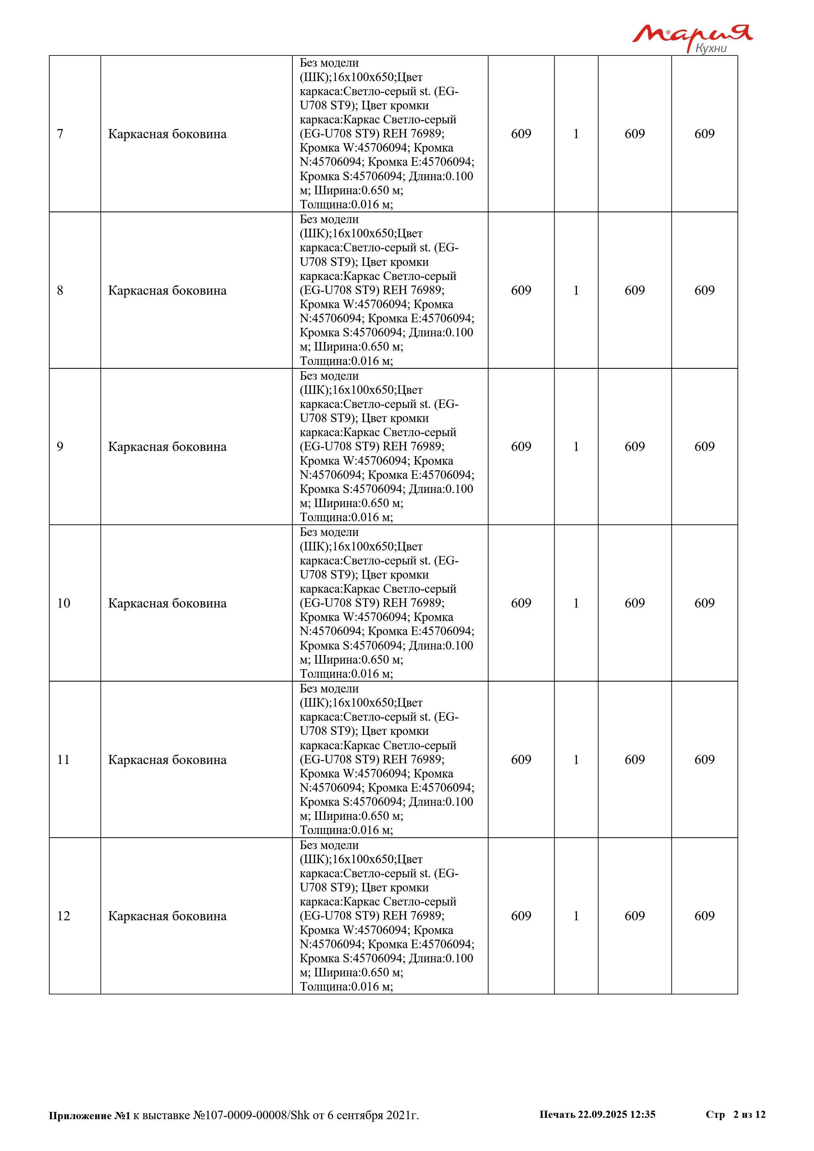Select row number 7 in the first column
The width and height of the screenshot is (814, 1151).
(x=60, y=134)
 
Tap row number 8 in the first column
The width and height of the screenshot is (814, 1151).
(x=60, y=290)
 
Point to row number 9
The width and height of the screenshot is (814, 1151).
(x=60, y=447)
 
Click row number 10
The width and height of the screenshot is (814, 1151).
(x=64, y=603)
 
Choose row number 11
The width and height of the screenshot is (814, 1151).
(x=64, y=759)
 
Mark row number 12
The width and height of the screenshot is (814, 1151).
(x=64, y=916)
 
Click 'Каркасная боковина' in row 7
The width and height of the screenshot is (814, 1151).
(x=167, y=134)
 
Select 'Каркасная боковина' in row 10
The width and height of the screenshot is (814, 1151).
(x=167, y=603)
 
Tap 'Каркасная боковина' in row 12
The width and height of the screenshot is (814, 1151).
(x=167, y=916)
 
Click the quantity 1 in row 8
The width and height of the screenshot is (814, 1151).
(x=576, y=290)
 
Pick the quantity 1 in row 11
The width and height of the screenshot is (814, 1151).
(x=576, y=759)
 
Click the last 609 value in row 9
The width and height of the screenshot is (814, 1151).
(x=704, y=447)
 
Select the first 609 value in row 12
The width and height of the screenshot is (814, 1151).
(x=521, y=916)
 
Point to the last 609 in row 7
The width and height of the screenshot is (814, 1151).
(x=704, y=134)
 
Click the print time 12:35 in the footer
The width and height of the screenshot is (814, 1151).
(x=643, y=1114)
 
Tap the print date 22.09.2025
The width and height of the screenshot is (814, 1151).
(x=602, y=1114)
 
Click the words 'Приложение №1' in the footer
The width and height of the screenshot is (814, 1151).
(x=89, y=1116)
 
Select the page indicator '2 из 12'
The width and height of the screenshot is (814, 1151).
(x=749, y=1114)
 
